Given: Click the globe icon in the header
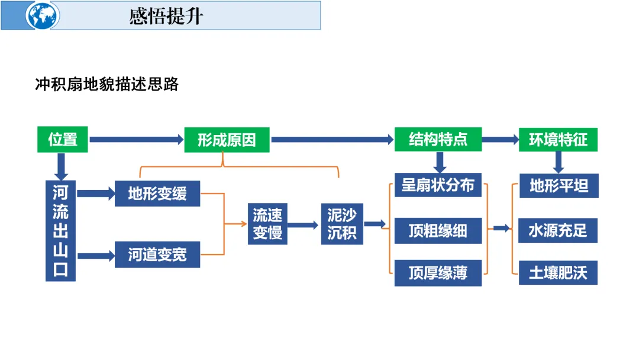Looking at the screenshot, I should [x=43, y=15].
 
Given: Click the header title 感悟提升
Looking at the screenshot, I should [x=166, y=16].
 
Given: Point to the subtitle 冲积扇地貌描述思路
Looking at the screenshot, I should [x=107, y=85].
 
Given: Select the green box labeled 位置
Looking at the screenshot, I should [x=63, y=140].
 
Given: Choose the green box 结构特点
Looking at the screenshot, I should [x=438, y=140].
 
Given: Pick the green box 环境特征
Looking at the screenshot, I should [x=558, y=140].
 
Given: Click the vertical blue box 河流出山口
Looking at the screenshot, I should [x=60, y=230].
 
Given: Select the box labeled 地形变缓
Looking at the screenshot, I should [x=157, y=194].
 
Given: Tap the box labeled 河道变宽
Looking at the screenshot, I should [x=157, y=255].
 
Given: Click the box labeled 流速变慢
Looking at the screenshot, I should [x=267, y=224].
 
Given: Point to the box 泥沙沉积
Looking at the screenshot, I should [x=342, y=224].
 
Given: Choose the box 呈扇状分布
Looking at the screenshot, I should [x=438, y=185].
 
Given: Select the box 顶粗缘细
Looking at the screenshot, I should [x=438, y=230].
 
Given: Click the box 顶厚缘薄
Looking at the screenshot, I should [x=438, y=273].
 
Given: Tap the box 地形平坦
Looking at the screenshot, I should [x=559, y=185].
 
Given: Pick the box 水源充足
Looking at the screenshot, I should [x=559, y=230].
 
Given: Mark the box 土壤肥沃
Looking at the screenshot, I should [x=559, y=273].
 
